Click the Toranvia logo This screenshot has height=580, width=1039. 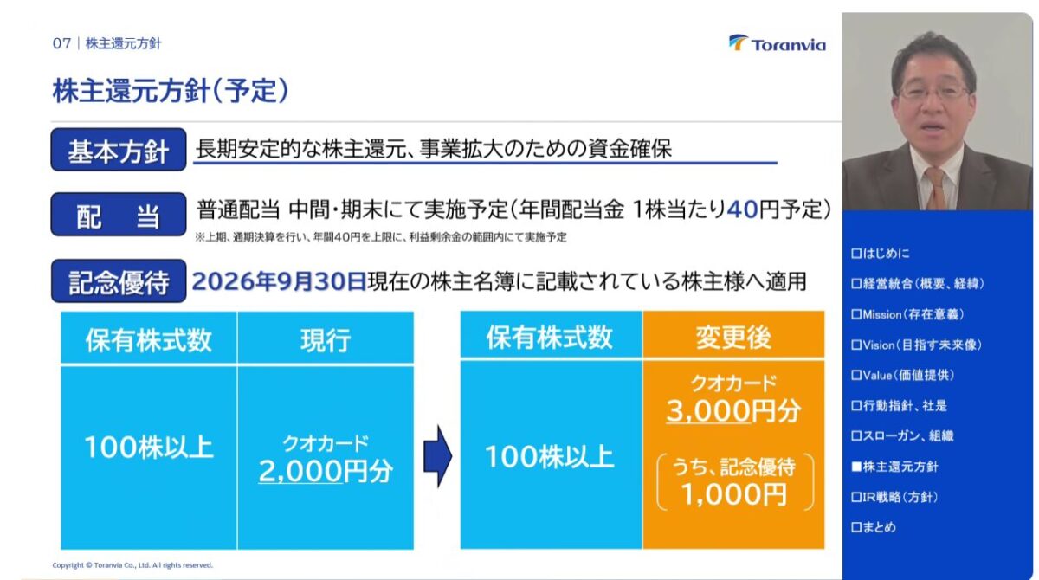pos(778,43)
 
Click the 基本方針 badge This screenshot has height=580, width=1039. pos(119,150)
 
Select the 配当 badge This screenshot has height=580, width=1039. pos(119,215)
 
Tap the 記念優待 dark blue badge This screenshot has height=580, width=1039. pos(119,281)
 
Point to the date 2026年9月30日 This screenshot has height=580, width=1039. pos(279,281)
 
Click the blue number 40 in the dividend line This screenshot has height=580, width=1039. pos(742,209)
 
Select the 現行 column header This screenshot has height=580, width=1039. pos(326,339)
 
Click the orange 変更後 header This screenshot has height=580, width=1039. pos(733,337)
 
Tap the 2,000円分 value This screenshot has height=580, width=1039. pos(326,471)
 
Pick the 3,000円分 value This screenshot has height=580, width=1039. pos(733,411)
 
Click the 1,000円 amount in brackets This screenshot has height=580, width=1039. pos(734,494)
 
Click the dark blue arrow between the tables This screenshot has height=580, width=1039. pos(438,455)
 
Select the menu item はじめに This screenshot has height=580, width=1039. pos(881,254)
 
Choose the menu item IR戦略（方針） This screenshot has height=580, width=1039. pos(894,497)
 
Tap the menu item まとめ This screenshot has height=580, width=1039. pos(874,527)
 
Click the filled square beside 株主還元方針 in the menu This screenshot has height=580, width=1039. pos(856,467)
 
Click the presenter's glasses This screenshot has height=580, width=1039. pos(934,93)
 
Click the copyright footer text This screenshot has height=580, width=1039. pos(132,565)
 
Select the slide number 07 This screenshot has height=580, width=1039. pos(61,43)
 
